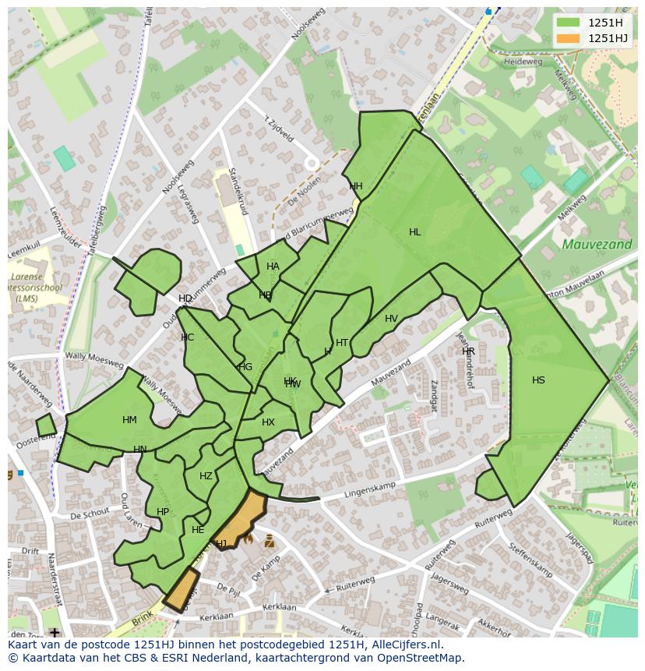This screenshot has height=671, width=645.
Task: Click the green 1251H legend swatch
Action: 569,23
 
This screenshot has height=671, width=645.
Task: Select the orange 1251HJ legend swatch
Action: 569,38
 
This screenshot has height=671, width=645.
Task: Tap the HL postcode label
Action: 414,232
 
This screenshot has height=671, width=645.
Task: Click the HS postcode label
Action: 538,380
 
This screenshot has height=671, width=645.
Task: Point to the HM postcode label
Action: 129,420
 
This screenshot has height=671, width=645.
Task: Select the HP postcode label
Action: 162,512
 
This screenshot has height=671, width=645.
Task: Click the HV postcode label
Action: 391,319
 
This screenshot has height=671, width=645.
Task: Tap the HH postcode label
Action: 356,186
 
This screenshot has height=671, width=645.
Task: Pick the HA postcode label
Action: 273,267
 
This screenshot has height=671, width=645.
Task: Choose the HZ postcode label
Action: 206,476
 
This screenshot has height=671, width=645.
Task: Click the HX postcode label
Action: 268,422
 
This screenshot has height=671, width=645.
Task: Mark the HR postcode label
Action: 468,351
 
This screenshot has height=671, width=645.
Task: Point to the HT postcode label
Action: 342,343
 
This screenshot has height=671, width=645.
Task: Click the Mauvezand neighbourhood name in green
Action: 586,245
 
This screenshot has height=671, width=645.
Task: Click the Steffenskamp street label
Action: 530,562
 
